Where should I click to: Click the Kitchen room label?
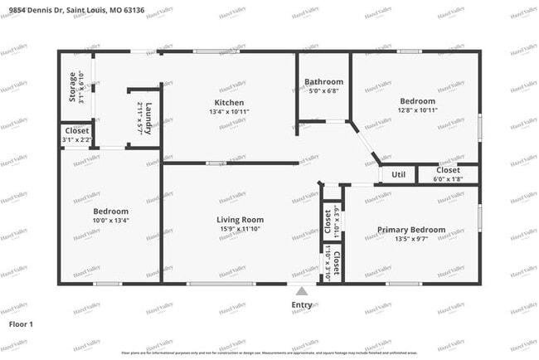(x=230, y=102)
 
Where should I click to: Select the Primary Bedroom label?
(x=411, y=230)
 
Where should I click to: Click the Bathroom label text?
(x=323, y=82)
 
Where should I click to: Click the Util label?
(x=398, y=175)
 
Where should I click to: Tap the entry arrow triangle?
(x=302, y=291)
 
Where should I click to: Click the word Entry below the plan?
(x=302, y=305)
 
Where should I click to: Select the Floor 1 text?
(x=21, y=324)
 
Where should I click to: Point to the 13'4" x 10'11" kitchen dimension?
(x=230, y=111)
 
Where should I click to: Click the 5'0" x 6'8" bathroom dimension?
(x=323, y=91)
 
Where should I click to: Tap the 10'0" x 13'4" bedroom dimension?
(x=110, y=221)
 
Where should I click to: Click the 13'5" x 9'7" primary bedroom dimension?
(x=411, y=239)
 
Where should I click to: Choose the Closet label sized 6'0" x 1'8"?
(x=449, y=170)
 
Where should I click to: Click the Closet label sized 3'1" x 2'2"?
(x=77, y=131)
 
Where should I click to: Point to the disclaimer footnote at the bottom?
(x=269, y=352)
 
